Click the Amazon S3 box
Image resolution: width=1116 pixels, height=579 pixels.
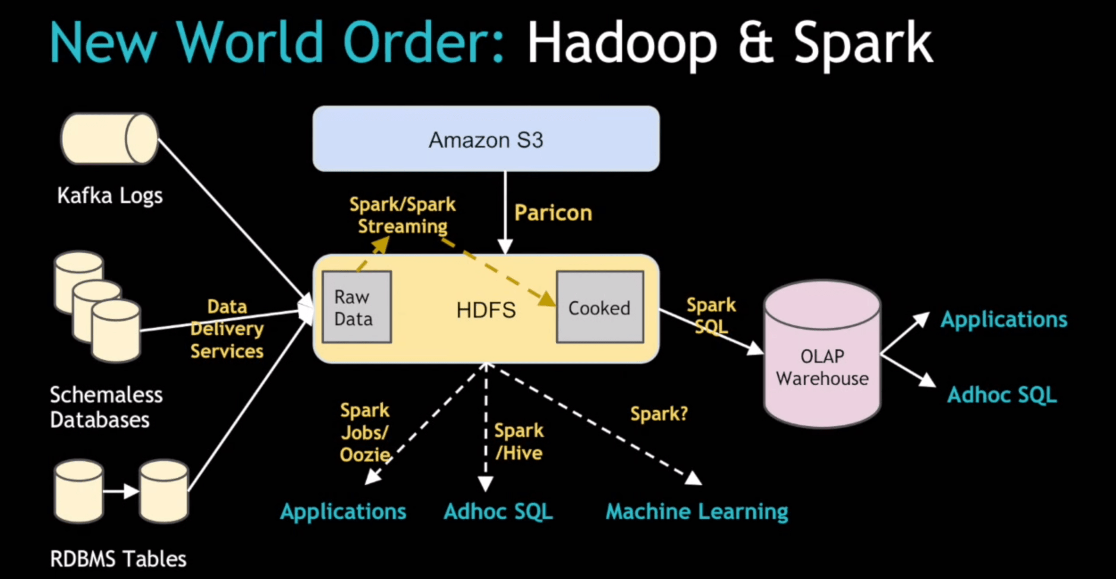pyautogui.click(x=486, y=139)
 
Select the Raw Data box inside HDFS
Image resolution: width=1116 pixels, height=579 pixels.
pyautogui.click(x=356, y=307)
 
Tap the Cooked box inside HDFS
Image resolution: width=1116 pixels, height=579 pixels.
pyautogui.click(x=599, y=308)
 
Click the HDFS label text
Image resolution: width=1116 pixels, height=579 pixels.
pyautogui.click(x=486, y=310)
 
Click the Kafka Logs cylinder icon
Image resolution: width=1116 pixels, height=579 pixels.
pyautogui.click(x=109, y=139)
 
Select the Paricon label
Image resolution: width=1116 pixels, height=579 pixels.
pyautogui.click(x=553, y=213)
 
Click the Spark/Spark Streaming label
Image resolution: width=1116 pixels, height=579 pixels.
pyautogui.click(x=403, y=215)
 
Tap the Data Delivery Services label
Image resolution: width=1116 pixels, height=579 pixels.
pyautogui.click(x=227, y=329)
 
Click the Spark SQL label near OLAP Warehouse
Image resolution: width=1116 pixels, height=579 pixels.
pyautogui.click(x=711, y=316)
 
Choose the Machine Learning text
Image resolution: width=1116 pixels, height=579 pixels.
pyautogui.click(x=697, y=511)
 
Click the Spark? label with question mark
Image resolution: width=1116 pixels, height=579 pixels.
pyautogui.click(x=659, y=414)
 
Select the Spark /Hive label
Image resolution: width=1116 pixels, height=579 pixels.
pyautogui.click(x=519, y=442)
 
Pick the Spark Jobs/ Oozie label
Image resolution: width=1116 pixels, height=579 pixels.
pyautogui.click(x=364, y=433)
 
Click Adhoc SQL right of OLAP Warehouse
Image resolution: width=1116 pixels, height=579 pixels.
pyautogui.click(x=1002, y=395)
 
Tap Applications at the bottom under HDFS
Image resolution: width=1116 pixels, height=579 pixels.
pyautogui.click(x=343, y=511)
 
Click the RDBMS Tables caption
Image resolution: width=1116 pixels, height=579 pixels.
pyautogui.click(x=118, y=559)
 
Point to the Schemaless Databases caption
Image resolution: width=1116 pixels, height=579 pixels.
pyautogui.click(x=106, y=407)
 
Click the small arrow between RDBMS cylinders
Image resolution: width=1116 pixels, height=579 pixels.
pyautogui.click(x=121, y=492)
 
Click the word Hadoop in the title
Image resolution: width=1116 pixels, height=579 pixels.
pyautogui.click(x=622, y=43)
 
